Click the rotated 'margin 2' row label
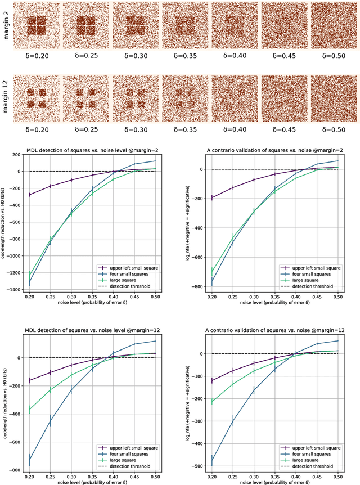[x=7, y=26]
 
